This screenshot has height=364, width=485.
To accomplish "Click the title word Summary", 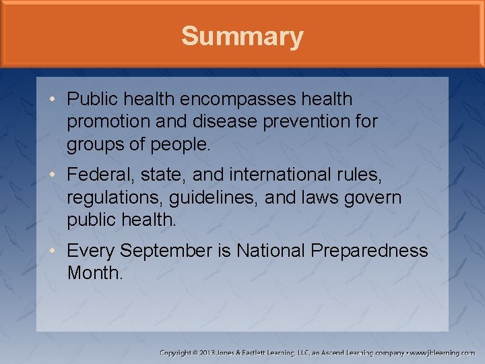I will point(242,36).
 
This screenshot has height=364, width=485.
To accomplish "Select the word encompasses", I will point(238,100).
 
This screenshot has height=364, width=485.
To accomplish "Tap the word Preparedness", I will point(369,251).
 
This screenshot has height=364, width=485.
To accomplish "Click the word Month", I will point(95,274).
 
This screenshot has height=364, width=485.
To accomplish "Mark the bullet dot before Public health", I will point(52,100).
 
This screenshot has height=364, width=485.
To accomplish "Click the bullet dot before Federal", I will point(52,176).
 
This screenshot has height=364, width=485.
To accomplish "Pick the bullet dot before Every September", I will point(52,251).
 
